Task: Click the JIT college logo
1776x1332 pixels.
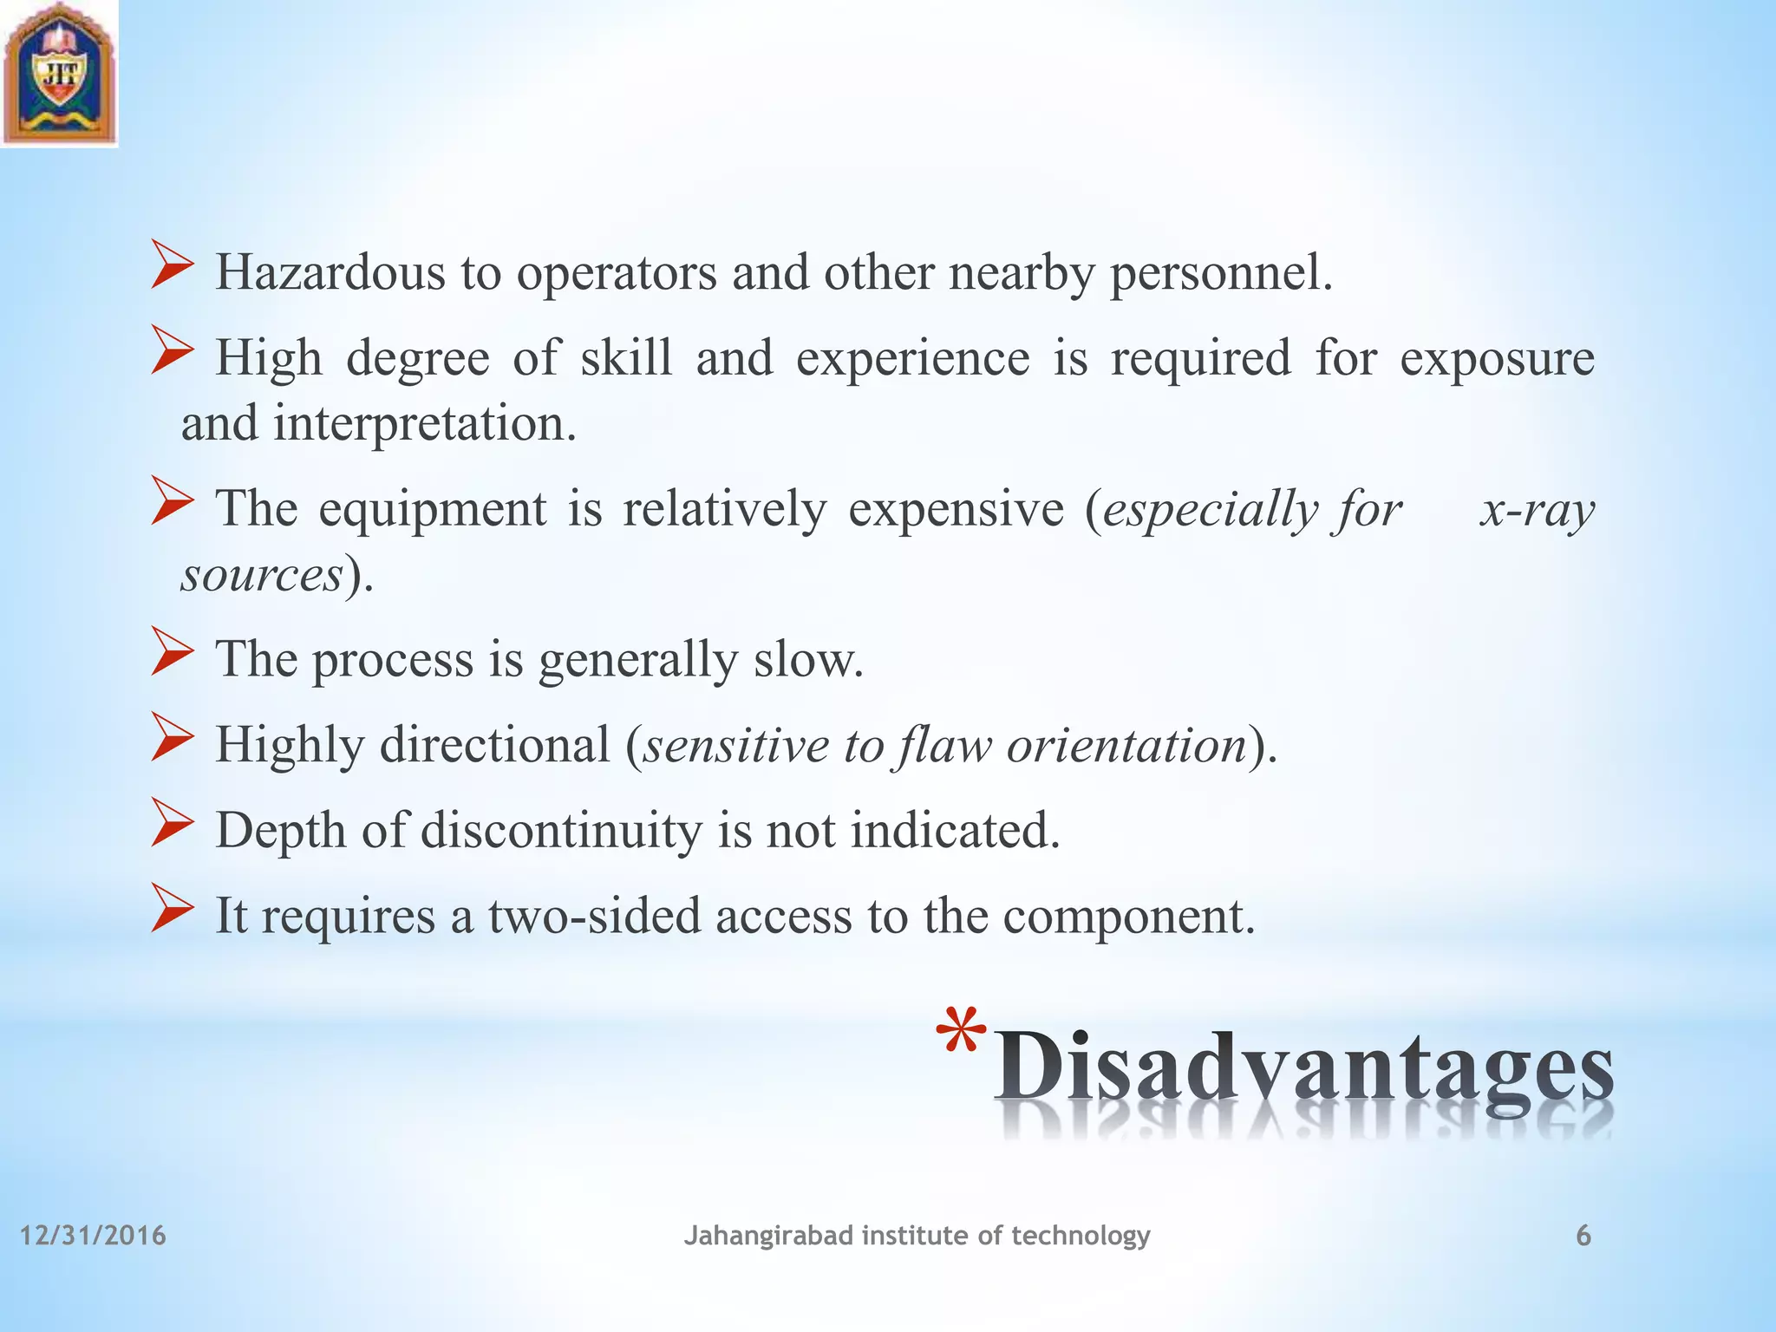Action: click(59, 73)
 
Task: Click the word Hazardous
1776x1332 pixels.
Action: click(330, 273)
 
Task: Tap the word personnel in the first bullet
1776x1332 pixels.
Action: click(1220, 273)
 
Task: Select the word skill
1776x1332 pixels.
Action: click(625, 358)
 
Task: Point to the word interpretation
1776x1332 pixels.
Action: click(425, 425)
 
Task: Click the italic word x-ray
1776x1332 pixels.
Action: click(1537, 509)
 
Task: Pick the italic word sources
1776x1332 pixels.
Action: click(262, 575)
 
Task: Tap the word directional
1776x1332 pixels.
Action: click(494, 745)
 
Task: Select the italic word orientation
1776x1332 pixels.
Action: click(1126, 745)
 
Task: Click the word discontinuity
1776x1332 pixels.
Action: click(561, 830)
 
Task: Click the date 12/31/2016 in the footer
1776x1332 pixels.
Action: click(93, 1236)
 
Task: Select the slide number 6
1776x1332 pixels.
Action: click(1583, 1236)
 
